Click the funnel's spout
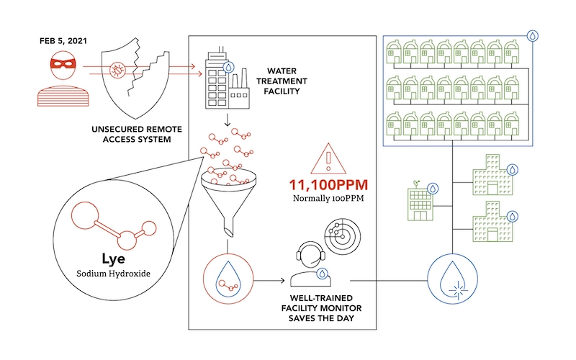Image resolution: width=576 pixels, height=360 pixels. pos(228,230)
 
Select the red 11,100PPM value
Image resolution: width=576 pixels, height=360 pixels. pos(328,183)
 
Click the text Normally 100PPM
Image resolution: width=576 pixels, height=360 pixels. pos(328,197)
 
